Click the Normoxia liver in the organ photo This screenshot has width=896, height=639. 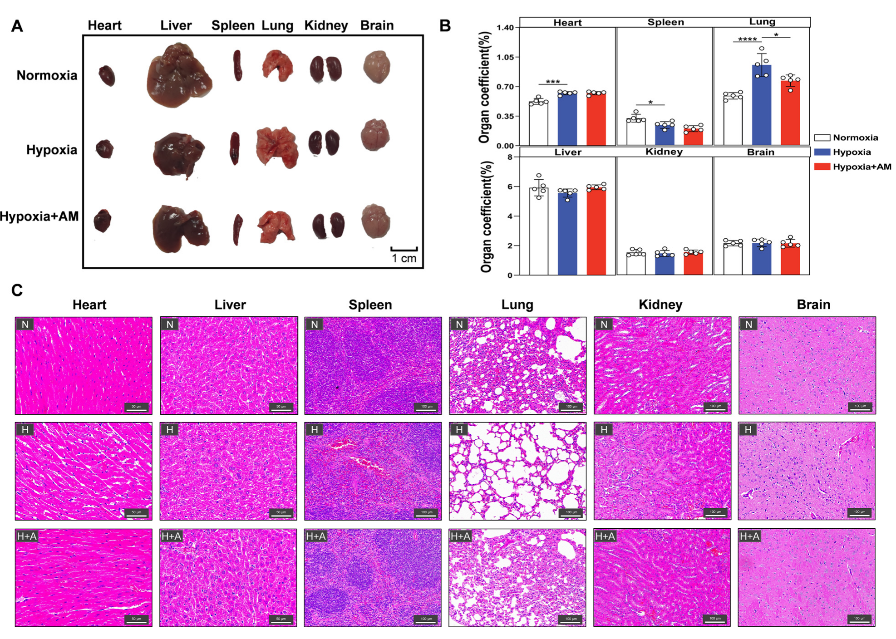pyautogui.click(x=178, y=76)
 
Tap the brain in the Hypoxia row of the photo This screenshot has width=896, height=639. pyautogui.click(x=375, y=135)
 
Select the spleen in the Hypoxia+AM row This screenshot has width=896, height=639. pyautogui.click(x=237, y=229)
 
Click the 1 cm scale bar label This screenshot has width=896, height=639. pyautogui.click(x=404, y=258)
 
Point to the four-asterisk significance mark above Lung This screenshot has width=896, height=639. pyautogui.click(x=747, y=40)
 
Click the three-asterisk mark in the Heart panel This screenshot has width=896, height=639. pyautogui.click(x=552, y=82)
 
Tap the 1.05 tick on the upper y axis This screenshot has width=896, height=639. pyautogui.click(x=505, y=57)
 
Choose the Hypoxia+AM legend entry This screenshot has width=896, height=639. pyautogui.click(x=861, y=167)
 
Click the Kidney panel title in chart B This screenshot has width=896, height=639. pyautogui.click(x=664, y=152)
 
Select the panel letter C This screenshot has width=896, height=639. pyautogui.click(x=17, y=290)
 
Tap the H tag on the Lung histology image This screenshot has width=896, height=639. pyautogui.click(x=459, y=429)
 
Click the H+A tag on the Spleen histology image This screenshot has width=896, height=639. pyautogui.click(x=315, y=536)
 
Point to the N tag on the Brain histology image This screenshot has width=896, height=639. pyautogui.click(x=748, y=324)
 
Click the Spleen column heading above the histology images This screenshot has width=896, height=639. pyautogui.click(x=370, y=305)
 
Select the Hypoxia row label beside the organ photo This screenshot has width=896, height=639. pyautogui.click(x=51, y=150)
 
